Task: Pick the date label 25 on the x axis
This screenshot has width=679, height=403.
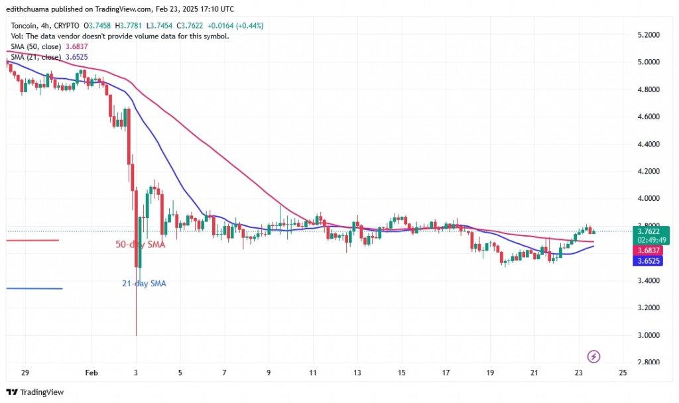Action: [622, 373]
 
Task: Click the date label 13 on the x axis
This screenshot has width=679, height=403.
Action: [357, 373]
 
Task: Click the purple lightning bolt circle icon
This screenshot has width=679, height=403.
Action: [594, 357]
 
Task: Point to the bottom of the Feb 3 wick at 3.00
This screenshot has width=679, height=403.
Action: [135, 335]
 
